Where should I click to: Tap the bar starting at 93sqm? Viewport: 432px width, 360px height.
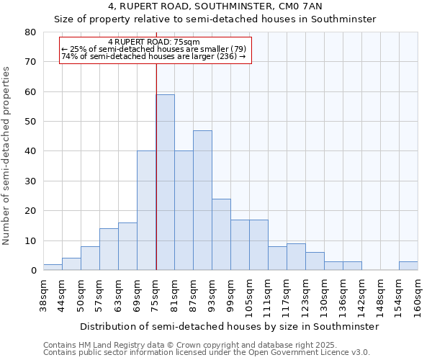pyautogui.click(x=221, y=235)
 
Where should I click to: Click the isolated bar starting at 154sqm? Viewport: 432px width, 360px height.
pyautogui.click(x=408, y=266)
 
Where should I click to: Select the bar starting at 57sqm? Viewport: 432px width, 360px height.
pyautogui.click(x=109, y=249)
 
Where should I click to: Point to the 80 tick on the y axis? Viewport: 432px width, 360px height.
pyautogui.click(x=30, y=32)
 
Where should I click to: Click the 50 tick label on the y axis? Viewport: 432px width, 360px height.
pyautogui.click(x=30, y=122)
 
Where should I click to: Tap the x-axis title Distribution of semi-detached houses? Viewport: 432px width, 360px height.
pyautogui.click(x=229, y=326)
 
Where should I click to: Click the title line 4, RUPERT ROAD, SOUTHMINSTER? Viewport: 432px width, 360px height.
pyautogui.click(x=215, y=6)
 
